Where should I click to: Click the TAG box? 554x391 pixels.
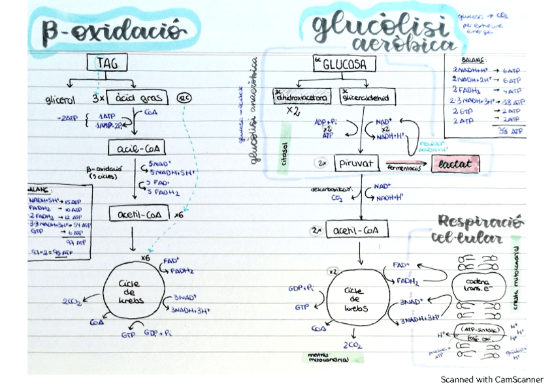pyautogui.click(x=107, y=63)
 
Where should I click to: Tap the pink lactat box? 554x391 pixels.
pyautogui.click(x=455, y=163)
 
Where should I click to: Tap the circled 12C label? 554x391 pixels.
pyautogui.click(x=184, y=98)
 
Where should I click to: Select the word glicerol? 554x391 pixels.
pyautogui.click(x=61, y=101)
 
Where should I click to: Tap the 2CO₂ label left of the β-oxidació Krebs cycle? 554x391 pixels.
pyautogui.click(x=72, y=301)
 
